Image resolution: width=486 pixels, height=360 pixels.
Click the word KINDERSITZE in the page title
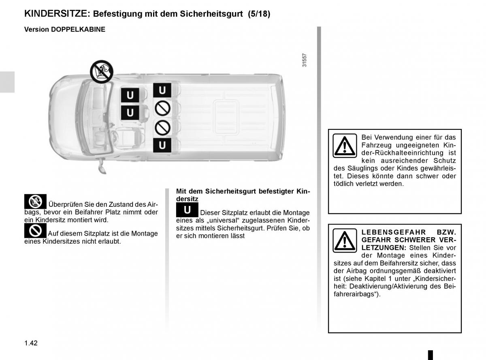[x=56, y=13]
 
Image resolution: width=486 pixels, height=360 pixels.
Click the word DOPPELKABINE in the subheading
[x=78, y=30]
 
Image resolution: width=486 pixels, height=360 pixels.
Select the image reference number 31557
[x=305, y=60]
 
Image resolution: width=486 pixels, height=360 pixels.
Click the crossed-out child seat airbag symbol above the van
[x=101, y=71]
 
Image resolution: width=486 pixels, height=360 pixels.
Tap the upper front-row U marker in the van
[x=130, y=96]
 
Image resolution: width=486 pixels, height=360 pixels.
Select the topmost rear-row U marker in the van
[x=162, y=90]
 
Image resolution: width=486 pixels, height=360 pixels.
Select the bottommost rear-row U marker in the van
[x=162, y=145]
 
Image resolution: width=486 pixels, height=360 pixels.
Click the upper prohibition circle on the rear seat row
[x=162, y=108]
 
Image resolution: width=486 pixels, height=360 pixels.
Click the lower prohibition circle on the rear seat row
[x=162, y=127]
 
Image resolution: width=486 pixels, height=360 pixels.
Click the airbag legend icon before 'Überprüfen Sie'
[x=35, y=201]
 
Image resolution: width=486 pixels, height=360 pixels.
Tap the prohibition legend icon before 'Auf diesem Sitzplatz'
[x=35, y=231]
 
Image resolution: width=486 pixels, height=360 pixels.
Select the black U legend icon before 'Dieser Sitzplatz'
[x=187, y=210]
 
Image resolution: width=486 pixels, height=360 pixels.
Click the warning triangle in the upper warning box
[x=345, y=145]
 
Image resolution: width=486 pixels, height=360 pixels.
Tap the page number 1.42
[x=31, y=343]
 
